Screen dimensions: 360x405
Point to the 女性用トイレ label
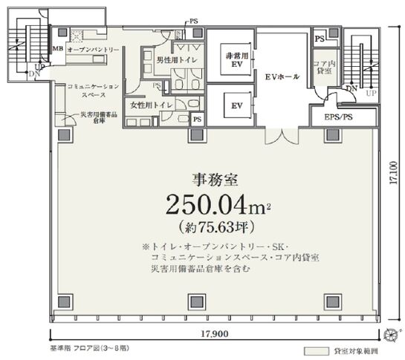point(152,105)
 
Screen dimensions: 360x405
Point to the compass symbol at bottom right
point(392,333)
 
